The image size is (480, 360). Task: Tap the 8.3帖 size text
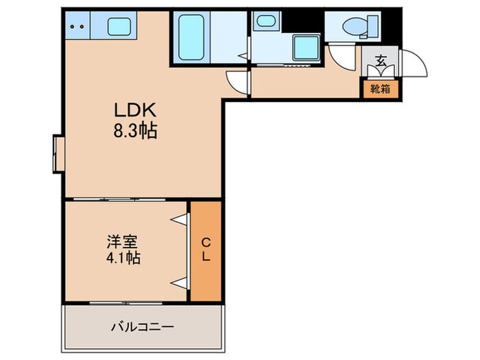[x=135, y=131]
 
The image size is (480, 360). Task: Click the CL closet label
[x=206, y=250]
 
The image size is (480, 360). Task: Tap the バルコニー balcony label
[x=142, y=326]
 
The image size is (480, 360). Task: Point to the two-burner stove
[x=77, y=27]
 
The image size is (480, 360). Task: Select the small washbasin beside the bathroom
[x=263, y=21]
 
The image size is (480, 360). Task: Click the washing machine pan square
[x=303, y=49]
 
